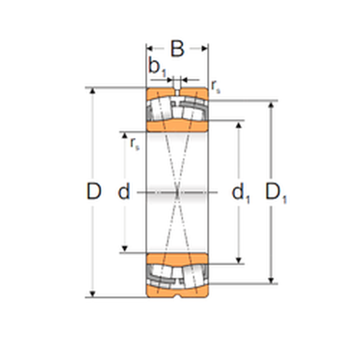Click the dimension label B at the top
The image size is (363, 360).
click(x=177, y=49)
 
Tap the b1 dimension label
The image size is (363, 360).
click(x=158, y=67)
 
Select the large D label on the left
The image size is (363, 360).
click(x=94, y=191)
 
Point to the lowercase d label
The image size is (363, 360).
click(x=124, y=191)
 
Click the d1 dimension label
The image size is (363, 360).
click(x=240, y=192)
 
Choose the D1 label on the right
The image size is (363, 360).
click(x=276, y=192)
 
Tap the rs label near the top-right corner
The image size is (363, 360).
click(x=216, y=86)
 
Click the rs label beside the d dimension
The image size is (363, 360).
click(x=134, y=144)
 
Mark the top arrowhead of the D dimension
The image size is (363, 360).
click(x=92, y=91)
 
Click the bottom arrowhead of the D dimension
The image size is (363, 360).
click(x=92, y=294)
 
